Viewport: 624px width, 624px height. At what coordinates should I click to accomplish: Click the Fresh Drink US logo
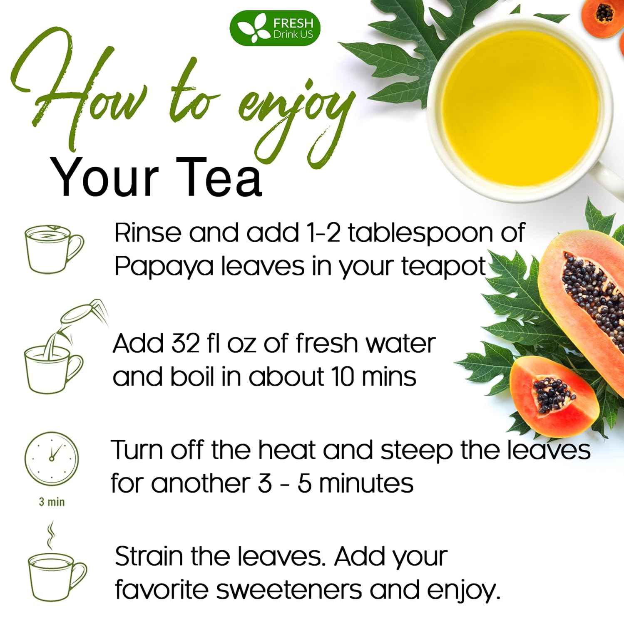[x=275, y=28]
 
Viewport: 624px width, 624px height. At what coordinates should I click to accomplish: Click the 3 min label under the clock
[x=52, y=502]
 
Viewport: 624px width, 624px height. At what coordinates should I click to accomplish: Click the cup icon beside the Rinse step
[x=54, y=248]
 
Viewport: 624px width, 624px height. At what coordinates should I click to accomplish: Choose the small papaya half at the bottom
[x=549, y=395]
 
